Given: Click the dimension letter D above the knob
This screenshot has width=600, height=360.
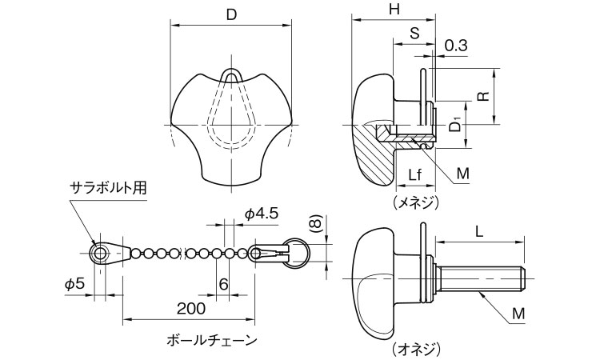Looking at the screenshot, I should pos(231,14).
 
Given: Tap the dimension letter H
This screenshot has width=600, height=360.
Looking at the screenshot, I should pos(393,10).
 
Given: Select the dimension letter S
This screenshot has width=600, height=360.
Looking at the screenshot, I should pos(413,34).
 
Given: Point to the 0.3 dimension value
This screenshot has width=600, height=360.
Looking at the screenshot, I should pos(455,46).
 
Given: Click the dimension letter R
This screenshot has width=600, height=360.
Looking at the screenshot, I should pos(482,96).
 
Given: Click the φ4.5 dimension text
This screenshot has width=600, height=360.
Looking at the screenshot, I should pos(260,214).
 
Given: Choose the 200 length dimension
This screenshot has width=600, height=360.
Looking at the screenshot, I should pos(189,308).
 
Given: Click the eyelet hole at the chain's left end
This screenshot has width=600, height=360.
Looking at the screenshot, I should pos(100,254).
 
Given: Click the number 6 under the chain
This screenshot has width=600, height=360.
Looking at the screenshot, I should pos(223,284).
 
